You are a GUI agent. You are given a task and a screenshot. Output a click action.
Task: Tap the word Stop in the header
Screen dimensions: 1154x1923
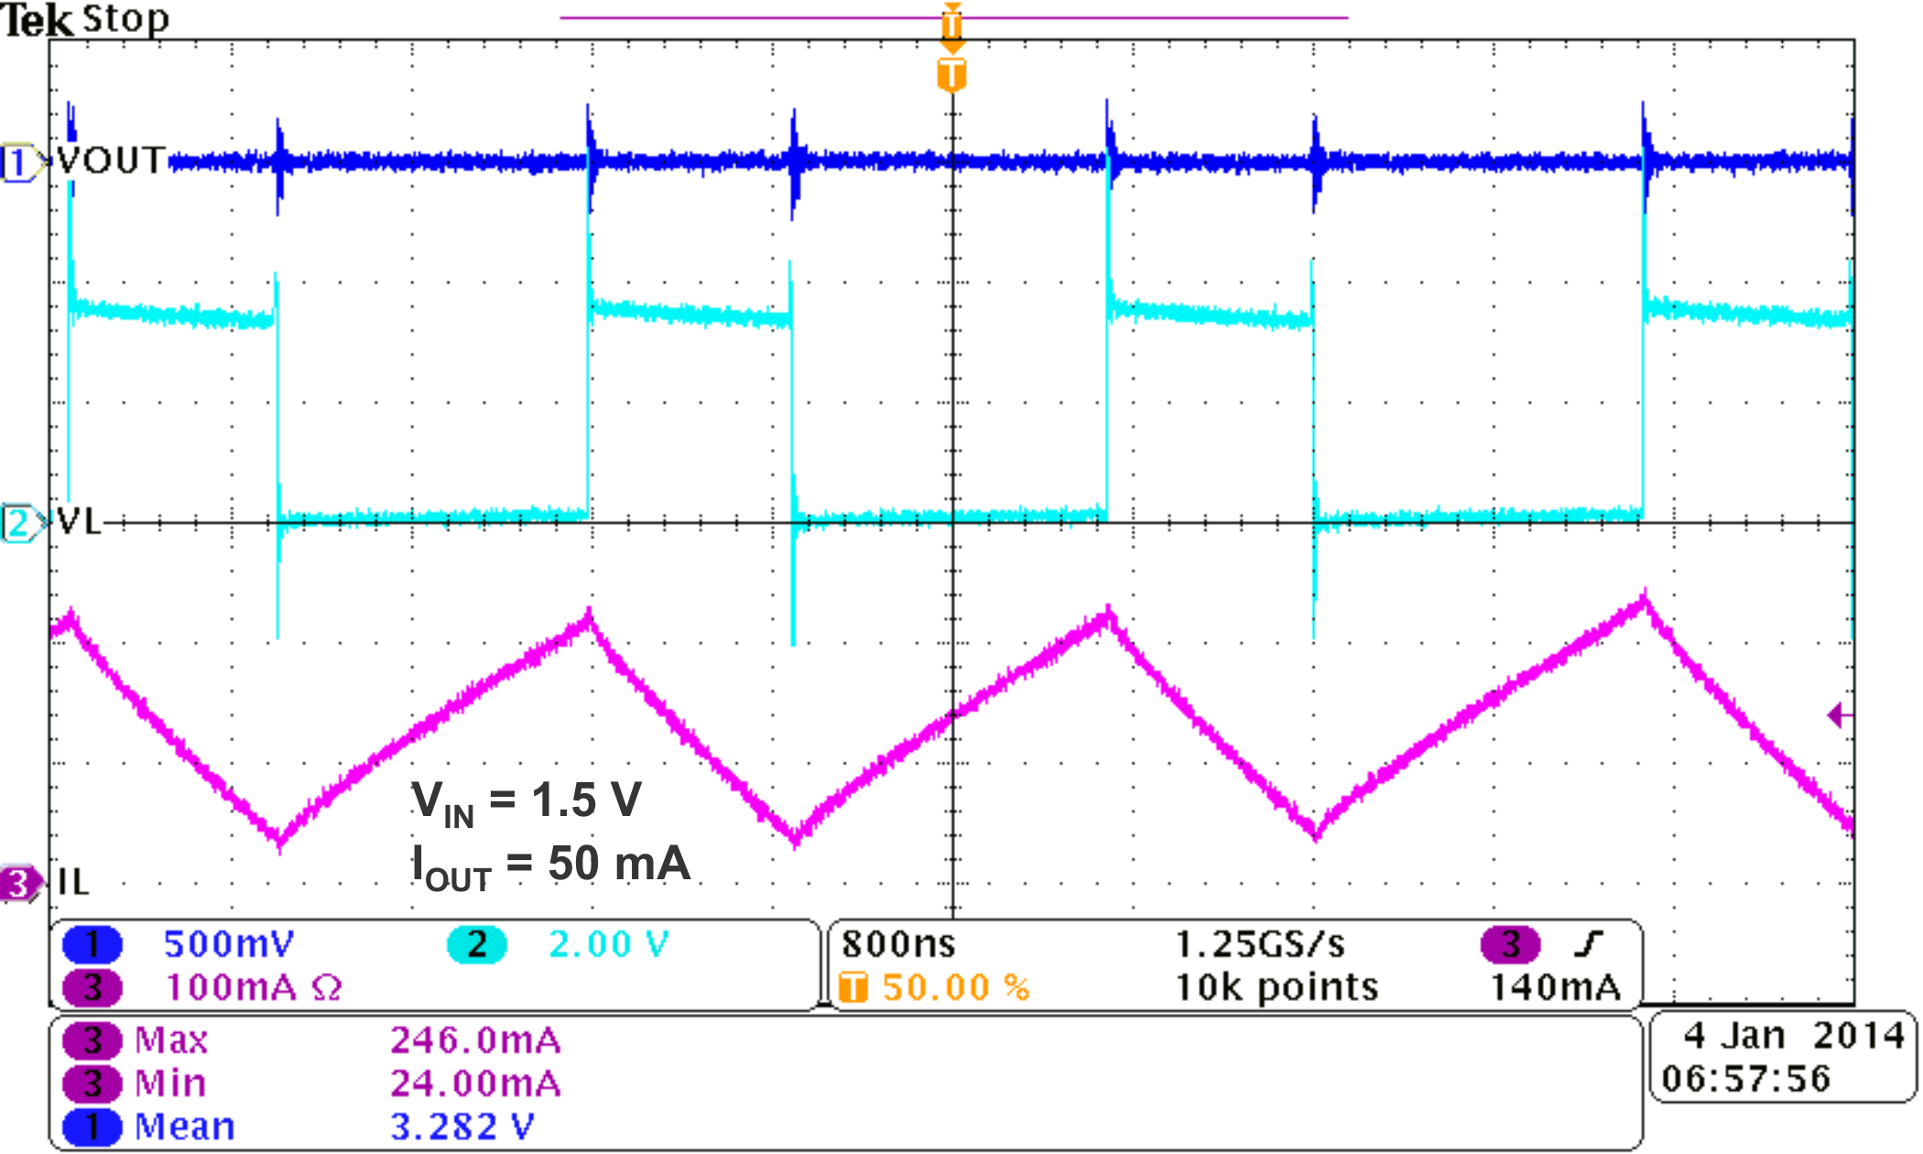125,18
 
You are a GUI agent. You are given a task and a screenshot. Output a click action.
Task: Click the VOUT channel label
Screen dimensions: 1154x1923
111,161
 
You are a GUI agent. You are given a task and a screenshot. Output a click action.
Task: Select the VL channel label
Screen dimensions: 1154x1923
79,522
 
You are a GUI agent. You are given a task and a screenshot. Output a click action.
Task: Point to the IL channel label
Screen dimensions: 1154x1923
73,883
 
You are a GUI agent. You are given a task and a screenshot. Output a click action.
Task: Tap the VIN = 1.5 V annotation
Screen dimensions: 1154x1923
527,800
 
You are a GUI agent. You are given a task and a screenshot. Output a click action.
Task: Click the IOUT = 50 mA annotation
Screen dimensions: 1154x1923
550,865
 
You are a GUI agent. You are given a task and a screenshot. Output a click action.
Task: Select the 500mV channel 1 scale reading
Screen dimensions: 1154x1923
229,944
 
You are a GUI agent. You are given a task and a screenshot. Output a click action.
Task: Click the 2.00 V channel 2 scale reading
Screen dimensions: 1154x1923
609,944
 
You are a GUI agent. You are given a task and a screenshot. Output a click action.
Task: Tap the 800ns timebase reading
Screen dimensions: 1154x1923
898,944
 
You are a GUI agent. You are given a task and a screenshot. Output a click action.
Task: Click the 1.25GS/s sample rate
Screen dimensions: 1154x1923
1260,944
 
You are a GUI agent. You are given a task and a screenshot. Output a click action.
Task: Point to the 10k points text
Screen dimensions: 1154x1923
1277,987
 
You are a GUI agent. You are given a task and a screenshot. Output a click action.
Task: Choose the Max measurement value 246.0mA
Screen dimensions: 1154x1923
475,1040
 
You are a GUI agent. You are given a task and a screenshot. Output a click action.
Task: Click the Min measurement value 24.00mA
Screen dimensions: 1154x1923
475,1083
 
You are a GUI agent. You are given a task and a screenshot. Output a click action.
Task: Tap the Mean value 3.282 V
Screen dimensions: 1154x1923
462,1127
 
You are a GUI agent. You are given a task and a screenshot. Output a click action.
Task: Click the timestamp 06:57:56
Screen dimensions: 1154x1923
1746,1079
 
